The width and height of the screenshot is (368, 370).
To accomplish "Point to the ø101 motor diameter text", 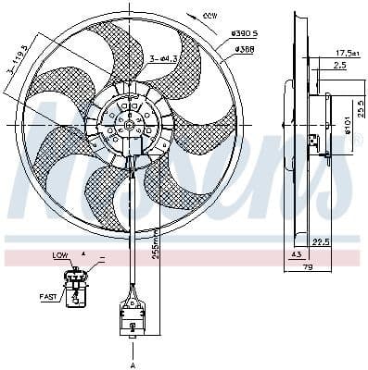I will pos(348,122).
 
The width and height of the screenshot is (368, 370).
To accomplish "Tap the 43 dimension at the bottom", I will pos(296,254).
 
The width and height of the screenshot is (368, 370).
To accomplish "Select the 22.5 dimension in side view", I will pos(323,243).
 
